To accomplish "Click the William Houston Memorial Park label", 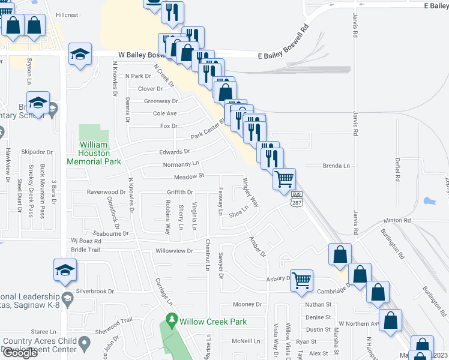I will pos(94,153).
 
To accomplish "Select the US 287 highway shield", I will pos(297,199).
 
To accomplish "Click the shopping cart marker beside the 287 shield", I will pos(284,178).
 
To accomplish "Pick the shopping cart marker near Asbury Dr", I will pos(301,279).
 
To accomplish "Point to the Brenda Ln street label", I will pos(336,166).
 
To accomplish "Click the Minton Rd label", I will pos(398,221).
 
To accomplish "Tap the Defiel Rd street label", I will pos(397,169).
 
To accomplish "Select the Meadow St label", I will pos(190,176).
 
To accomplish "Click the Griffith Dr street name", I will pos(179,192).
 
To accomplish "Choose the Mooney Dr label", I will pos(248,304).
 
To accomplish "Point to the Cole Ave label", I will pos(165,113).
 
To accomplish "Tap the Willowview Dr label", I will pos(174,251).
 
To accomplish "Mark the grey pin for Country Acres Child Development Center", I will pos(84,344).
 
